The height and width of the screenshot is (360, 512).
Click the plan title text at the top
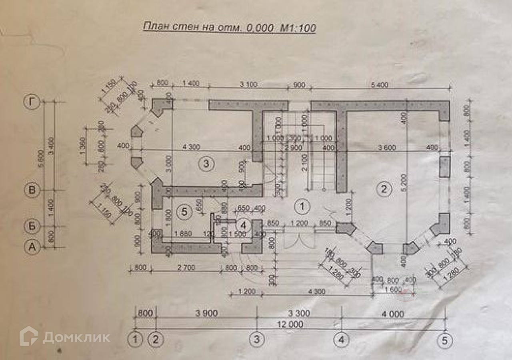point(229,28)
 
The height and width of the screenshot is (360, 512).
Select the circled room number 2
point(384,189)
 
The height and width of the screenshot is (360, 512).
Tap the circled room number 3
point(206,163)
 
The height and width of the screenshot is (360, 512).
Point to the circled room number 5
point(184,212)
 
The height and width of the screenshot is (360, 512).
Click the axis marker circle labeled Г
point(32,102)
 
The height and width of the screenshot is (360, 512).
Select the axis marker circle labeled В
point(32,190)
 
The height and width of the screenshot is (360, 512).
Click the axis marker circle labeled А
point(32,248)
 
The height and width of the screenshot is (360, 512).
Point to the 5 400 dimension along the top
point(380,85)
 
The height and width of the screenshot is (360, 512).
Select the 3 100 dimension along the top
point(248,85)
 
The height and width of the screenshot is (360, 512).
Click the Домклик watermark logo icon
point(29,336)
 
